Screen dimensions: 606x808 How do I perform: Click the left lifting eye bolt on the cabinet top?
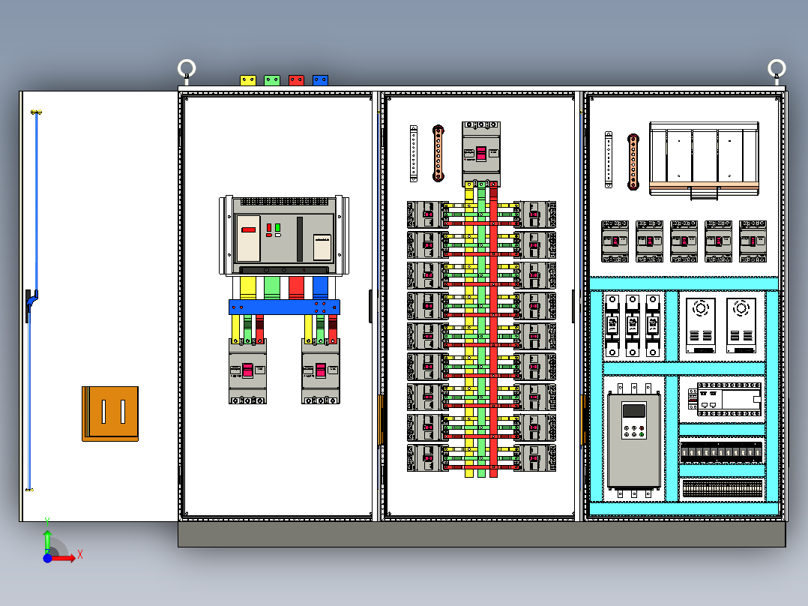click(x=187, y=70)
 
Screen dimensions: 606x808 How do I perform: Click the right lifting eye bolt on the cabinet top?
click(x=777, y=70)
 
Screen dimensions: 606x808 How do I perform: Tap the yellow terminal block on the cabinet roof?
click(x=248, y=79)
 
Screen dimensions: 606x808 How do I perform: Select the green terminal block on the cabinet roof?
click(x=272, y=79)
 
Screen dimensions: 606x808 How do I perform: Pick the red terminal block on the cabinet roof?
click(x=296, y=79)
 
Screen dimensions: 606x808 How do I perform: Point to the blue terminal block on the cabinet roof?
click(x=320, y=79)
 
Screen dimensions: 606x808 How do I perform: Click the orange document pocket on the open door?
click(x=110, y=413)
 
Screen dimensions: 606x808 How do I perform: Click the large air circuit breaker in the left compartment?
click(x=284, y=235)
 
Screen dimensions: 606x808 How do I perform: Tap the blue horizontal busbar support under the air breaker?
click(x=284, y=307)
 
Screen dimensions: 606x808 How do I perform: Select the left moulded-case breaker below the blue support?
click(x=247, y=370)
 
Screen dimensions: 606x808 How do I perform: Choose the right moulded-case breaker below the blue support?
click(x=321, y=370)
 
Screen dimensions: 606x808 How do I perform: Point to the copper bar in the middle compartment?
click(x=438, y=153)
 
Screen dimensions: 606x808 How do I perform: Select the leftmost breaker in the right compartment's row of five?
click(x=615, y=241)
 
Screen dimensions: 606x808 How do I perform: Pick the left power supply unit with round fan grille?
click(x=702, y=325)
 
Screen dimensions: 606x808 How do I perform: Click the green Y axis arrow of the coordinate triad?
click(x=47, y=538)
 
